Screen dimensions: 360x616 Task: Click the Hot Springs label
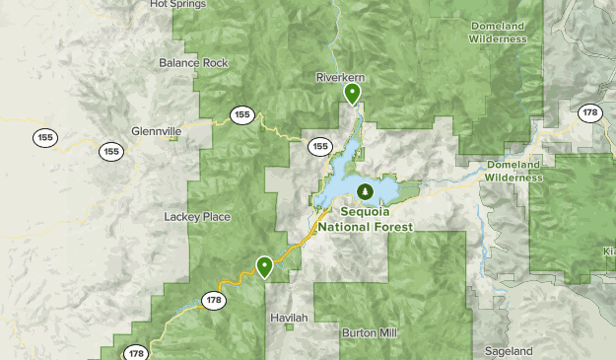[178, 4]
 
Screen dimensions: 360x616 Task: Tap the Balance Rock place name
[193, 63]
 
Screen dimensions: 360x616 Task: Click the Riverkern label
[342, 77]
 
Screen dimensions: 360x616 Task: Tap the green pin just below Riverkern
[352, 95]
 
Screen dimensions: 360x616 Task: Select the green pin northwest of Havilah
[264, 266]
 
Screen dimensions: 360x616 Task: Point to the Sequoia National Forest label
[376, 218]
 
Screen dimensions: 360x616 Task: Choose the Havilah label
[289, 319]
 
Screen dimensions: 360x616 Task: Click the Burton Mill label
[372, 333]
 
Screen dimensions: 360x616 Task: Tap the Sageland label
[509, 351]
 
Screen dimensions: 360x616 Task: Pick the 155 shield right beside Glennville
[110, 152]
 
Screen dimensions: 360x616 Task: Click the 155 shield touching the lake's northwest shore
[318, 147]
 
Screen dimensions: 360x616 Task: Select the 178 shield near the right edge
[589, 113]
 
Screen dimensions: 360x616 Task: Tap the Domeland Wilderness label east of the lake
[513, 171]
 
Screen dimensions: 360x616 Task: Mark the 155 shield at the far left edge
[43, 137]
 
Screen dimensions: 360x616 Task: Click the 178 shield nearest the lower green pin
[214, 299]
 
